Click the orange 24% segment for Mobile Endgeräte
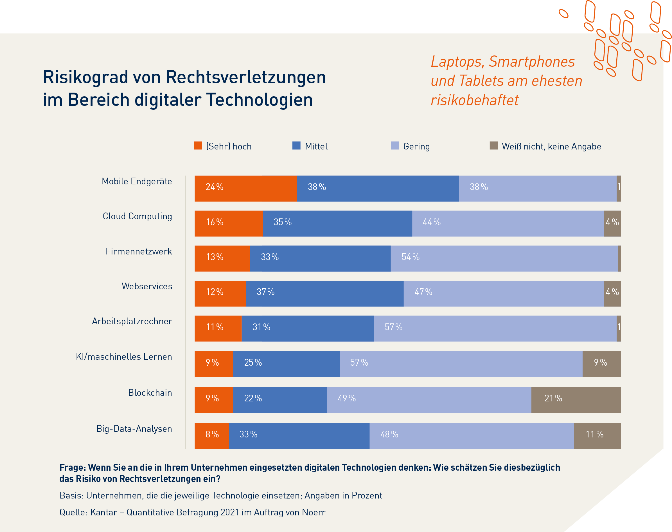point(246,188)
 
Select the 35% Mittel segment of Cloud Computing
point(338,223)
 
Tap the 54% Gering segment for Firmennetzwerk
point(504,258)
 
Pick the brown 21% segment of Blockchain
point(576,400)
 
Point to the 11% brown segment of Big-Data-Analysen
point(597,435)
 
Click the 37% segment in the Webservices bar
point(324,293)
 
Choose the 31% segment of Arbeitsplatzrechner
point(307,328)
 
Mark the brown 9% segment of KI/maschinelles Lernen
point(601,364)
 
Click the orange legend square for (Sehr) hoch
point(198,146)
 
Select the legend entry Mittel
point(316,146)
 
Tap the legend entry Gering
point(416,146)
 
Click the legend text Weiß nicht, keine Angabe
point(551,146)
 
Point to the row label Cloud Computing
point(137,216)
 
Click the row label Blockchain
point(150,392)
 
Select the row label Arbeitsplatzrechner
point(132,321)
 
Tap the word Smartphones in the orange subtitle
point(531,61)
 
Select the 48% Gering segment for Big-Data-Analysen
point(471,435)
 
